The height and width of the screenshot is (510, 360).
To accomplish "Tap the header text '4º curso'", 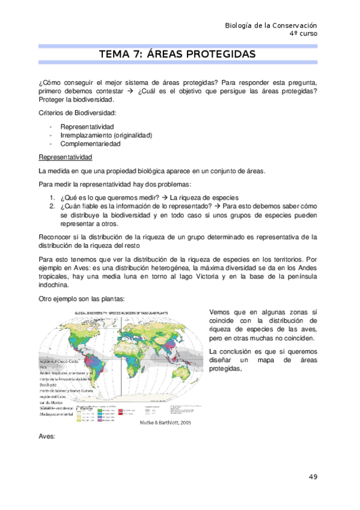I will point(303,34).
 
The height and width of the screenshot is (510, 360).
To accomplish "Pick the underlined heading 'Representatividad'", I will point(65,158).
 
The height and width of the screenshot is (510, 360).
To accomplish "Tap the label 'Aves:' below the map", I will point(46,437).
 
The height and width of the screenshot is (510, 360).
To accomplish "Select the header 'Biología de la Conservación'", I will point(270,25).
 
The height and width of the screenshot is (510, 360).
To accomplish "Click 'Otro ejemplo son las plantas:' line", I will point(82,300).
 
